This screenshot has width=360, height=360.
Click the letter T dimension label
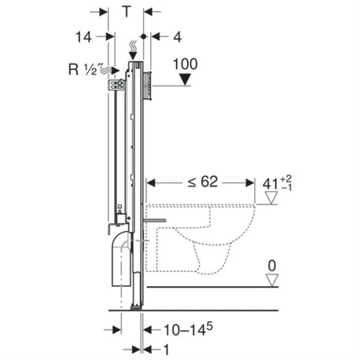pos(127,12)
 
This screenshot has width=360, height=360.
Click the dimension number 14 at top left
pos(83,37)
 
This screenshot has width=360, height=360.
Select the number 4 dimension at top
pos(178,37)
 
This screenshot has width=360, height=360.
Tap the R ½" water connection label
pos(83,69)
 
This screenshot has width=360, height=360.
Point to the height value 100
pos(186,64)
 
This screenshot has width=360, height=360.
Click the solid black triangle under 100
pos(186,79)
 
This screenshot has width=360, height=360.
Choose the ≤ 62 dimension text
pos(203,182)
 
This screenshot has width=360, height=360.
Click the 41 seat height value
pos(270,184)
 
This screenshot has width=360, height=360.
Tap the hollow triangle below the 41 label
pos(271,197)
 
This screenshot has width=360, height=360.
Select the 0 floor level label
pos(272,266)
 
